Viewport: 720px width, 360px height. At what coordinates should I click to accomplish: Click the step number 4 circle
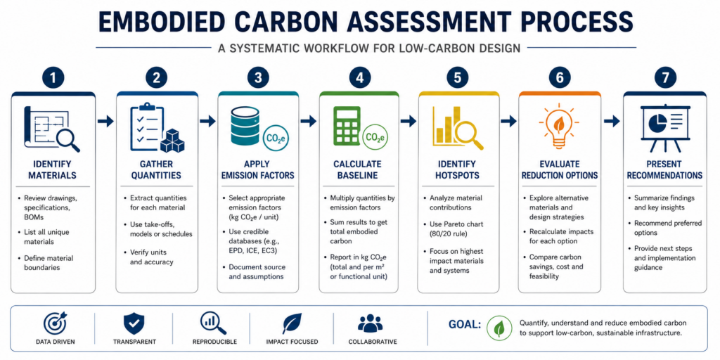[360, 79]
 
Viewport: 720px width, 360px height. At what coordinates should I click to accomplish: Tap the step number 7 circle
[665, 79]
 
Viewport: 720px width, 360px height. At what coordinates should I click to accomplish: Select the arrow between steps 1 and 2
[105, 121]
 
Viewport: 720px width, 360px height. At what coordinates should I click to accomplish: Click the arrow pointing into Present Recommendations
[612, 121]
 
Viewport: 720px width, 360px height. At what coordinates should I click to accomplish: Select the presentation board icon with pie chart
[664, 129]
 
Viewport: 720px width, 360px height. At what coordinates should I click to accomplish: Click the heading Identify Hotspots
[457, 170]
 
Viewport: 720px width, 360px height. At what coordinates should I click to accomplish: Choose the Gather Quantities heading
[156, 170]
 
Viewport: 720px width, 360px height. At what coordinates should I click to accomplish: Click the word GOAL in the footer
[464, 325]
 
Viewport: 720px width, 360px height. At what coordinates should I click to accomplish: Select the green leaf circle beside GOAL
[499, 328]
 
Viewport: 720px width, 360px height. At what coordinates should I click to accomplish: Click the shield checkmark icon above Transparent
[134, 323]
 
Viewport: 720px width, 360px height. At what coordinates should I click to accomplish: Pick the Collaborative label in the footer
[373, 342]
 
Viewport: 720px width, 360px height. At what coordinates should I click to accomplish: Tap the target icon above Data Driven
[55, 323]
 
